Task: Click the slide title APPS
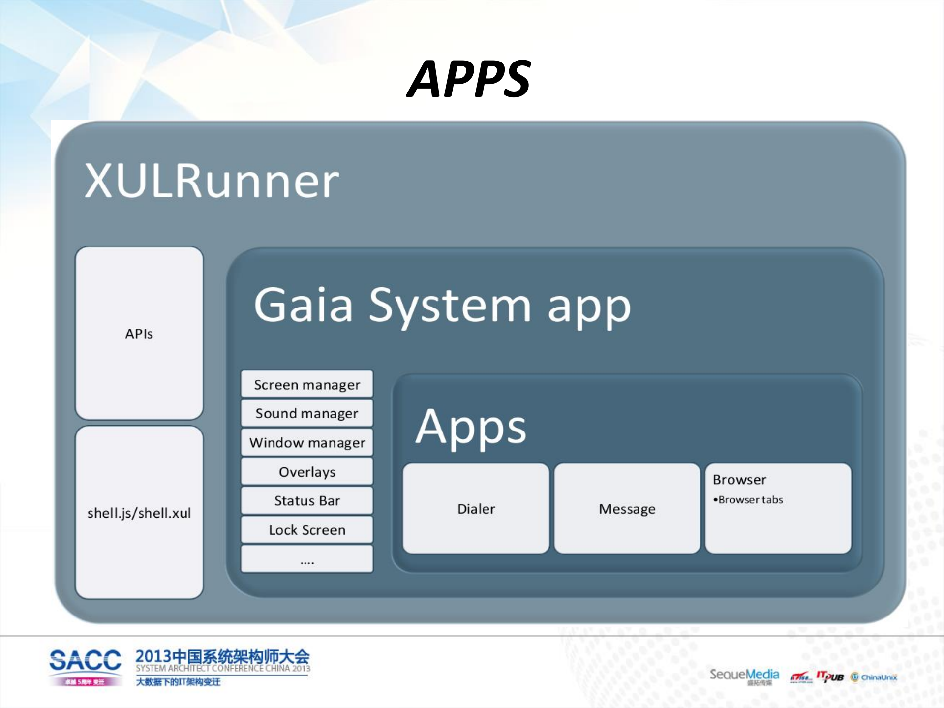(x=468, y=79)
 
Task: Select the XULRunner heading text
(x=212, y=181)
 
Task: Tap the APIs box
(x=139, y=333)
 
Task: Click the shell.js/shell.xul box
(x=139, y=513)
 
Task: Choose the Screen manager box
(x=307, y=384)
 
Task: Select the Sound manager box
(x=307, y=413)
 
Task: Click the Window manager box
(x=307, y=442)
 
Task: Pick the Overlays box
(x=307, y=471)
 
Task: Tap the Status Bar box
(x=307, y=500)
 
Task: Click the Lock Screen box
(x=307, y=529)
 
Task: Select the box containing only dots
(x=307, y=559)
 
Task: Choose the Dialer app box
(x=476, y=508)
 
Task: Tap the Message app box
(x=627, y=508)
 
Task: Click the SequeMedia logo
(x=744, y=675)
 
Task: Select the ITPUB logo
(x=830, y=677)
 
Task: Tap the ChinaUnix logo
(x=874, y=677)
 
